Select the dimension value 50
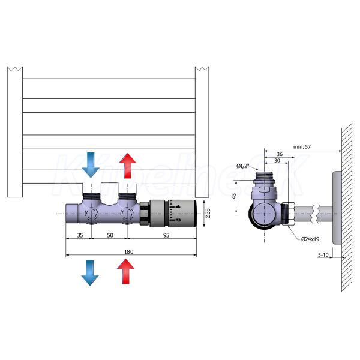pos(109,235)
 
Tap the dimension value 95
pos(163,235)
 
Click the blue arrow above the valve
pos(91,164)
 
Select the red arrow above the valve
pos(127,164)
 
